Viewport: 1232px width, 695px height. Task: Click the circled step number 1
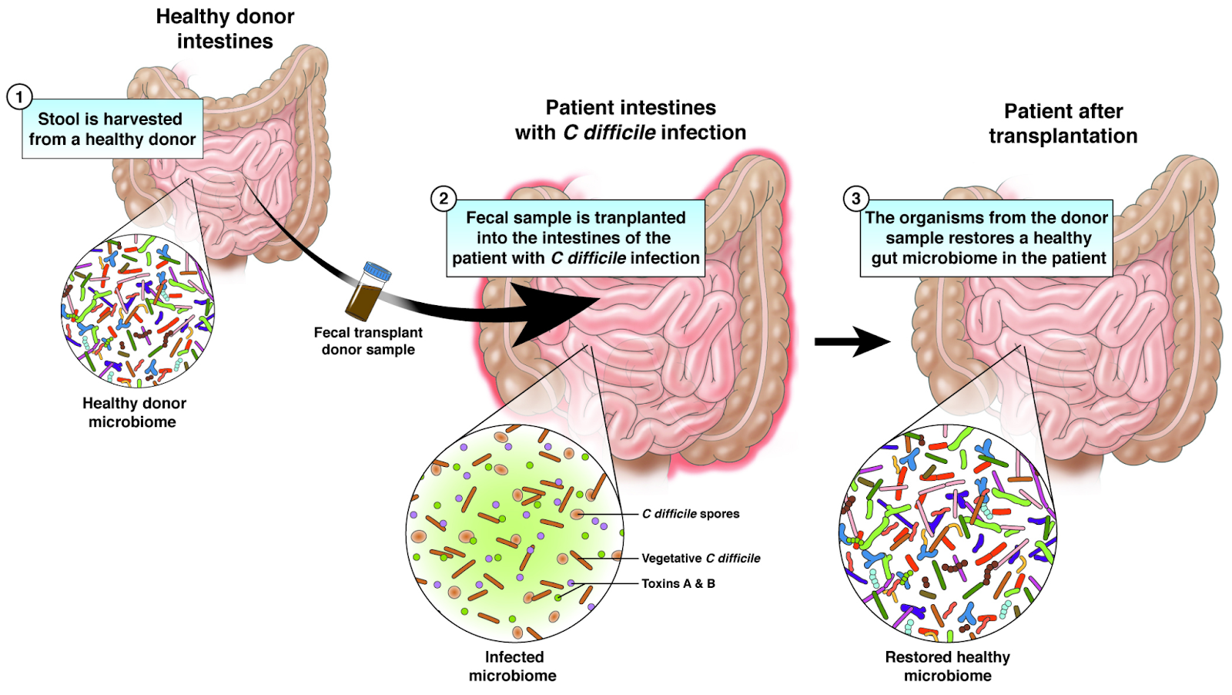click(x=19, y=97)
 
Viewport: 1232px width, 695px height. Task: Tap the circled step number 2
click(x=444, y=198)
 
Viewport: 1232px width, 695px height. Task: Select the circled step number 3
click(x=855, y=198)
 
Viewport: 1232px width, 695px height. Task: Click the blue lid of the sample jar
click(x=377, y=272)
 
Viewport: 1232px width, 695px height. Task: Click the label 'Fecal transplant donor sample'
click(x=368, y=341)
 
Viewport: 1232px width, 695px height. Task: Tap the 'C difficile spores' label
click(x=691, y=514)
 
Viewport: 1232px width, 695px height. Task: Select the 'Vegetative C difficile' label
click(x=701, y=559)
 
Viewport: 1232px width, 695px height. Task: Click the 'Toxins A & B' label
click(x=678, y=584)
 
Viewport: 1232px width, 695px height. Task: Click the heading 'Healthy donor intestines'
click(x=225, y=29)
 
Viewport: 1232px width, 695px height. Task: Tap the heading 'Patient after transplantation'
click(x=1063, y=123)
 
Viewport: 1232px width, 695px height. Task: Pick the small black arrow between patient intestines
click(x=852, y=341)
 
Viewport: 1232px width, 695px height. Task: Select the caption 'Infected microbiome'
click(x=513, y=666)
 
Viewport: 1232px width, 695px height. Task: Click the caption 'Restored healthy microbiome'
click(x=947, y=666)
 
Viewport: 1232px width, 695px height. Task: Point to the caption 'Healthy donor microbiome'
click(x=134, y=412)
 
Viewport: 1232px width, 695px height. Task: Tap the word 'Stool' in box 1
click(x=59, y=119)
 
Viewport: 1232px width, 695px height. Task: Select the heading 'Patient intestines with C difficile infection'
click(x=631, y=120)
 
